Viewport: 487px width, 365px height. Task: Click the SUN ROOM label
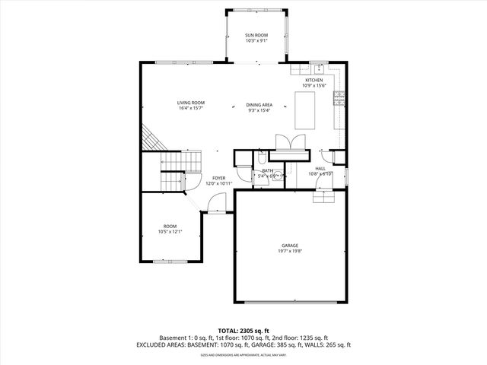click(256, 35)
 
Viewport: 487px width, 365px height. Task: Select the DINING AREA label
click(259, 104)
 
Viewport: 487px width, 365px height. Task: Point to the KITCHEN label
click(314, 80)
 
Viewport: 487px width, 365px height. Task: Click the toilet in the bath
click(260, 158)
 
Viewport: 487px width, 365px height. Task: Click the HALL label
click(320, 168)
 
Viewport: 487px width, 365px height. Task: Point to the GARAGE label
click(289, 245)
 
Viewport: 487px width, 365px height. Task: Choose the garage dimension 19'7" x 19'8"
click(289, 251)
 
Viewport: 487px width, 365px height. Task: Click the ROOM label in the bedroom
click(170, 226)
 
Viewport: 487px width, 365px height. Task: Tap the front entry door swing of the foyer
click(217, 203)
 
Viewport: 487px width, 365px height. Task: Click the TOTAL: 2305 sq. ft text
click(243, 331)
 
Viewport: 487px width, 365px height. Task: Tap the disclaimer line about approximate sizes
click(243, 355)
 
